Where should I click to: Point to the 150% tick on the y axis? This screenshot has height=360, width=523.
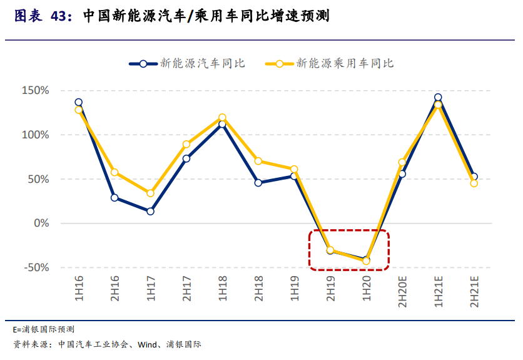pos(36,91)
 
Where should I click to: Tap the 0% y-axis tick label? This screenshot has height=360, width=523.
pos(41,224)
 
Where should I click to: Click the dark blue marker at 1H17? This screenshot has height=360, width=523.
pos(151,212)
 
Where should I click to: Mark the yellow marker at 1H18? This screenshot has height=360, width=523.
pos(222,118)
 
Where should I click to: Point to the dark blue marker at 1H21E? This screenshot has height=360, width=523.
pos(438,98)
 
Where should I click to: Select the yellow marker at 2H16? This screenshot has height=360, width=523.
pos(114,173)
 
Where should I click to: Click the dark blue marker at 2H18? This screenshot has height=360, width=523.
pos(258,183)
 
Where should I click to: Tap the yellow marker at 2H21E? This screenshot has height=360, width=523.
pos(474,183)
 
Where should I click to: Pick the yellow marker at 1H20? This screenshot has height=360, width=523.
pos(367,261)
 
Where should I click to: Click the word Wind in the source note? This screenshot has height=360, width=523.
pos(147,344)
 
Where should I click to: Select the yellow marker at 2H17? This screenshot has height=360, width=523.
pos(186,145)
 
